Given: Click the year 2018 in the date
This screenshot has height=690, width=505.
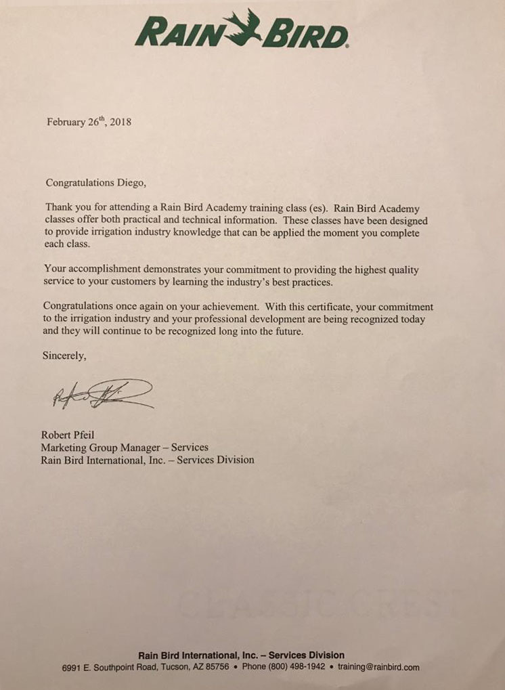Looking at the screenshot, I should (120, 123).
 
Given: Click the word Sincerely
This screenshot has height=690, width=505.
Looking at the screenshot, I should (64, 355).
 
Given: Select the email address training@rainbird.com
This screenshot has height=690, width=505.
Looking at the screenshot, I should (379, 667).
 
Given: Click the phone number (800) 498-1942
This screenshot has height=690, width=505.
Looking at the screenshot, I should (292, 667).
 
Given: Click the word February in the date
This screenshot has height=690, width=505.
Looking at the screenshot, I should (65, 123).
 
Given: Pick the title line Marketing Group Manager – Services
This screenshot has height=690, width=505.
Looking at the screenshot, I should (125, 447).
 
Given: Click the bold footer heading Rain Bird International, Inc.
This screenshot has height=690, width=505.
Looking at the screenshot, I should (200, 655).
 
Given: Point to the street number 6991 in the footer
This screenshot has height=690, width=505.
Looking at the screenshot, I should (71, 667).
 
